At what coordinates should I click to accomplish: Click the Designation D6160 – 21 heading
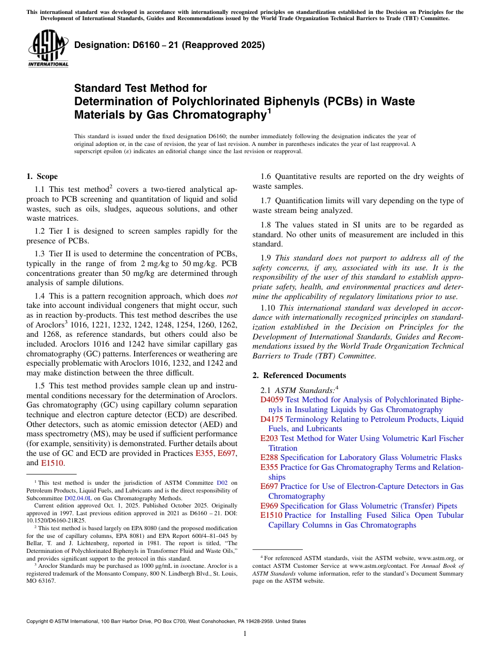pos(169,45)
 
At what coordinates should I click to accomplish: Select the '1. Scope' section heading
pos(42,176)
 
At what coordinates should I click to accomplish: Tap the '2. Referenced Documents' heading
pos(299,375)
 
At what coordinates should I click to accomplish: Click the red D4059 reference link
pos(271,400)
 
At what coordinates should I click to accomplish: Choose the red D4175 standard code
pos(271,419)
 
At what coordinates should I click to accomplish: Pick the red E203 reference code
pos(269,438)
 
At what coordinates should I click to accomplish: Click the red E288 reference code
pos(269,457)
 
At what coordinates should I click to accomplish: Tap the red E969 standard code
pos(269,506)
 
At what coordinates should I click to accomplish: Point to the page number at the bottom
pos(245,634)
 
